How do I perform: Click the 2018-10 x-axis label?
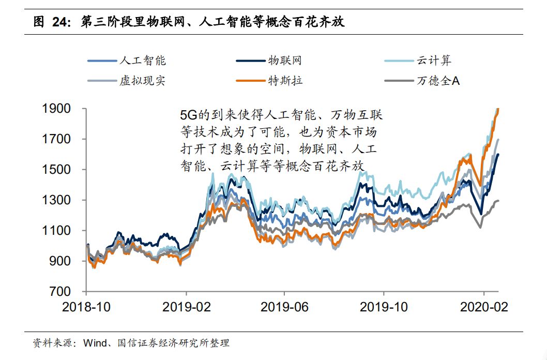(86, 307)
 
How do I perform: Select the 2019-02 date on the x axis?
(186, 307)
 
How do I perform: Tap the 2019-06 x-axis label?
(284, 307)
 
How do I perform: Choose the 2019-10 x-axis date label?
(384, 307)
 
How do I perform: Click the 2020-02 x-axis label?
(483, 307)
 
